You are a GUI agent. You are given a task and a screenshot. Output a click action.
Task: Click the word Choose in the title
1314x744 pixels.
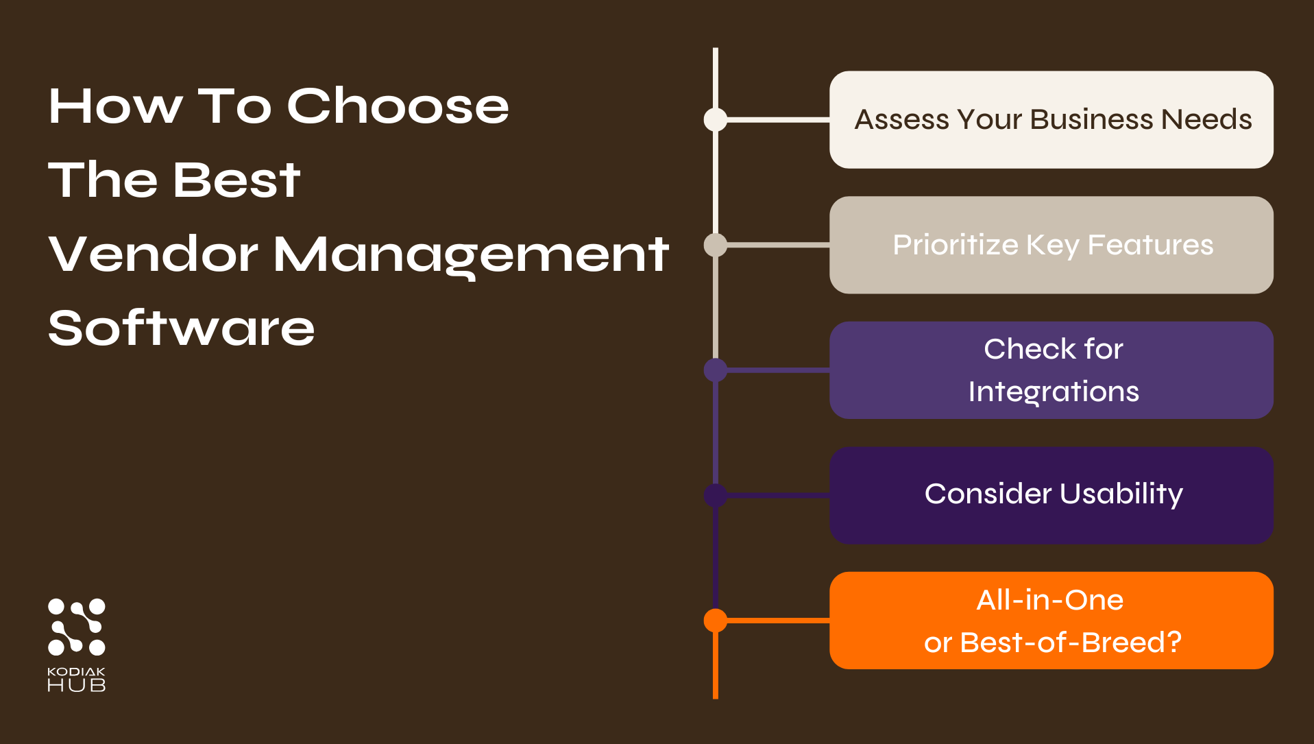pos(398,107)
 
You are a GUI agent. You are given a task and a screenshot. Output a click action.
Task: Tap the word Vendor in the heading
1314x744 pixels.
pos(153,254)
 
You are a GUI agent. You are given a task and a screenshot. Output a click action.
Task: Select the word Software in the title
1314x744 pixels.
pos(181,328)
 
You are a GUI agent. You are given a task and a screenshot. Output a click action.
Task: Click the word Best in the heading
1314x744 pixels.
pos(236,180)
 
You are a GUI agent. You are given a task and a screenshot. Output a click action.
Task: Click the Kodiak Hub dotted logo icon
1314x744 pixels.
pos(76,627)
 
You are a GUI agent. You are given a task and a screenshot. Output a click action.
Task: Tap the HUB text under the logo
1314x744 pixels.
pos(76,685)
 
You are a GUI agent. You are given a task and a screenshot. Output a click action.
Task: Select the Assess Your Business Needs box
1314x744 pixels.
pos(1051,120)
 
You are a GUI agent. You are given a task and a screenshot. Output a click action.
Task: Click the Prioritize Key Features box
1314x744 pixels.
pos(1051,245)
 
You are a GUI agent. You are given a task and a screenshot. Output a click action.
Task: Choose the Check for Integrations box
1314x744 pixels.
pos(1051,370)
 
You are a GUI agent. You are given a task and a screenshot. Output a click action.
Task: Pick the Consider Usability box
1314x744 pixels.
pos(1051,495)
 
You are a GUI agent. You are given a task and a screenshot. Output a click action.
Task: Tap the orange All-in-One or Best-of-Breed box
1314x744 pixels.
pos(1051,621)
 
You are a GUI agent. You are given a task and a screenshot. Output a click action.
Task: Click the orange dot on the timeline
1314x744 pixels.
pos(716,621)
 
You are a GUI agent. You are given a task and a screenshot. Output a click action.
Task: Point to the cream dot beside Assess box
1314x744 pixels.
pos(716,119)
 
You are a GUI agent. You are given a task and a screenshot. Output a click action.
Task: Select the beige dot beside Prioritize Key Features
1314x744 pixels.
pos(716,245)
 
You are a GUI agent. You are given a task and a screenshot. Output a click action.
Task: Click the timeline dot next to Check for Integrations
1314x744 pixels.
pos(716,370)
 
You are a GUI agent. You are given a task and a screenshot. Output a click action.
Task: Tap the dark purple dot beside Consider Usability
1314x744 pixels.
pos(716,495)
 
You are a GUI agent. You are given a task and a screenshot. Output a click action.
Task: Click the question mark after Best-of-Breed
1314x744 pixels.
pos(1174,643)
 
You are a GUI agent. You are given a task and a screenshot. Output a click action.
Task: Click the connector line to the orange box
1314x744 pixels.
pos(778,621)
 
